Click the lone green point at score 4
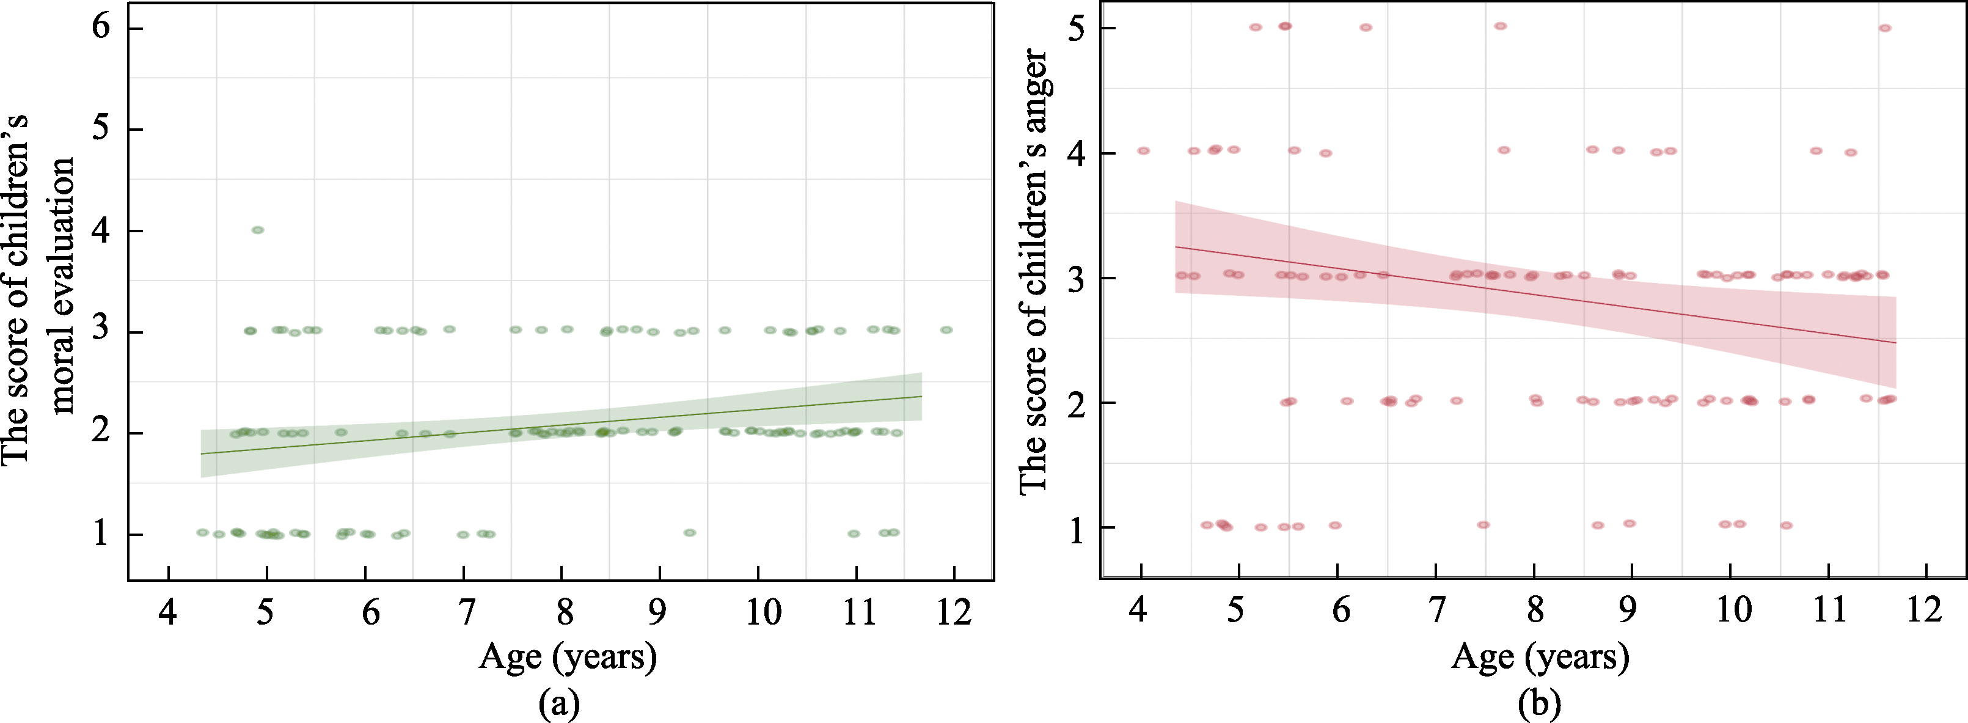[x=257, y=230]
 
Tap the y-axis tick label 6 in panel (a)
[x=101, y=28]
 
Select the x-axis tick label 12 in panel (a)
[x=954, y=612]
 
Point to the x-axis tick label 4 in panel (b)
[x=1139, y=610]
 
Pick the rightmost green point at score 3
[x=946, y=330]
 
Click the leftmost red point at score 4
[x=1143, y=150]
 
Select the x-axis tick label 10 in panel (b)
[x=1733, y=610]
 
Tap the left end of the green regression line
[x=202, y=454]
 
